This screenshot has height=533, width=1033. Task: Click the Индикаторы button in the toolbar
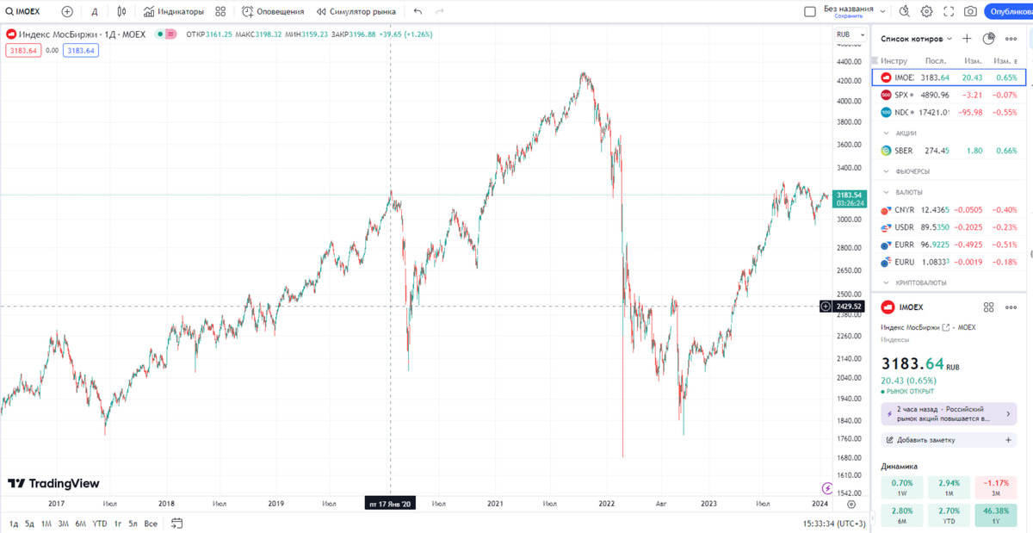(174, 12)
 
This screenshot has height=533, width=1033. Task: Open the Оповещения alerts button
(273, 12)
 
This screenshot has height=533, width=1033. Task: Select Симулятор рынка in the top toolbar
(356, 12)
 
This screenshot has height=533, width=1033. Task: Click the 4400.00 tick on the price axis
(849, 62)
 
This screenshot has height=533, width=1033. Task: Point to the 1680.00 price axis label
(849, 457)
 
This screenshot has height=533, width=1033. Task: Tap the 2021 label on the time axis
(495, 503)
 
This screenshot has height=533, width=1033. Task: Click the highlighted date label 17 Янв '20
(391, 503)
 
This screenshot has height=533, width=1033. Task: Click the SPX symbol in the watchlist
(901, 95)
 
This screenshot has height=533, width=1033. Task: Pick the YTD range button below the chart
(100, 524)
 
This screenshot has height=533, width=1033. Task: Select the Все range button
(151, 524)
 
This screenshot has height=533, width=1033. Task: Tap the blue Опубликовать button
(1010, 11)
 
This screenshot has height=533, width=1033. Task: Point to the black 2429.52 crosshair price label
(849, 306)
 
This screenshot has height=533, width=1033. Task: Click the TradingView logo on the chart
(53, 484)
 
